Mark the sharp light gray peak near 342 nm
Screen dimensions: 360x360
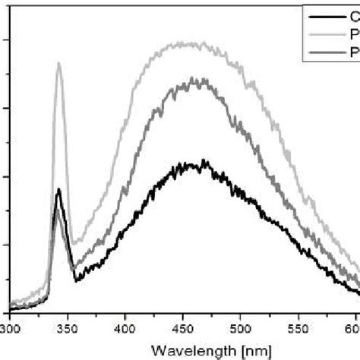point(58,63)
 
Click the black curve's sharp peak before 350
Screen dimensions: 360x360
point(58,189)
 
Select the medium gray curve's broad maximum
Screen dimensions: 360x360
point(197,79)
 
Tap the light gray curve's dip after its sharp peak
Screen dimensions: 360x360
point(73,245)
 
